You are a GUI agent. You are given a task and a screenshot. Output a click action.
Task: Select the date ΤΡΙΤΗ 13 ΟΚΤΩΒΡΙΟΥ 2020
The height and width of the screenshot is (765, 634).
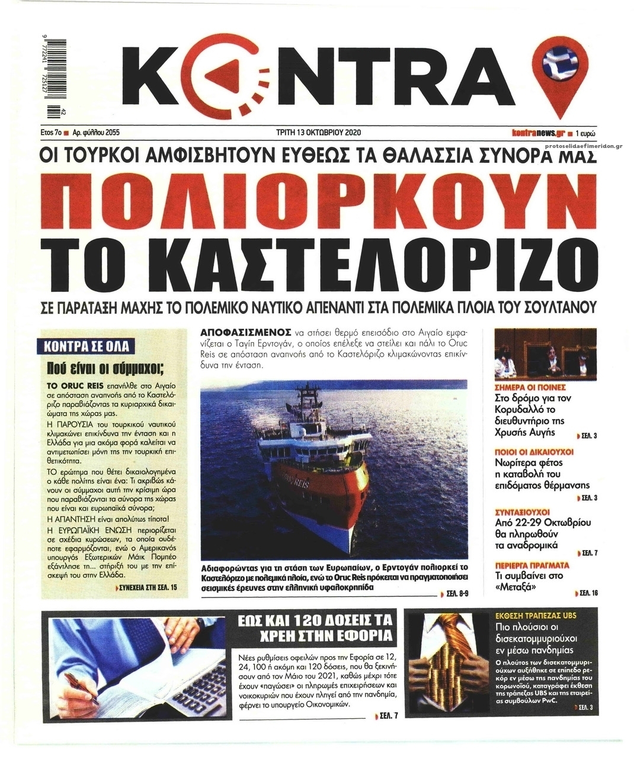pyautogui.click(x=318, y=133)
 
